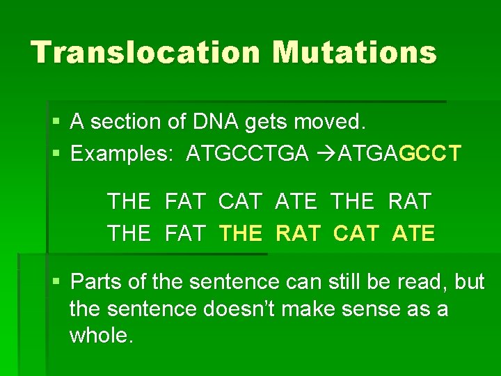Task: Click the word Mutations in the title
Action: coord(354,52)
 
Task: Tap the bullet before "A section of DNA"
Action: coord(57,123)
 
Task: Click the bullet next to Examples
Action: coord(57,153)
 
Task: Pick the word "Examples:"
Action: coord(122,153)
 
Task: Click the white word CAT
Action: coord(240,202)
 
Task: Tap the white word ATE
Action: coord(296,202)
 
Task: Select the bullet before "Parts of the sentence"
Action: coord(57,282)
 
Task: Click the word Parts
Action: coord(96,281)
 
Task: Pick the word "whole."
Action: coord(101,336)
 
